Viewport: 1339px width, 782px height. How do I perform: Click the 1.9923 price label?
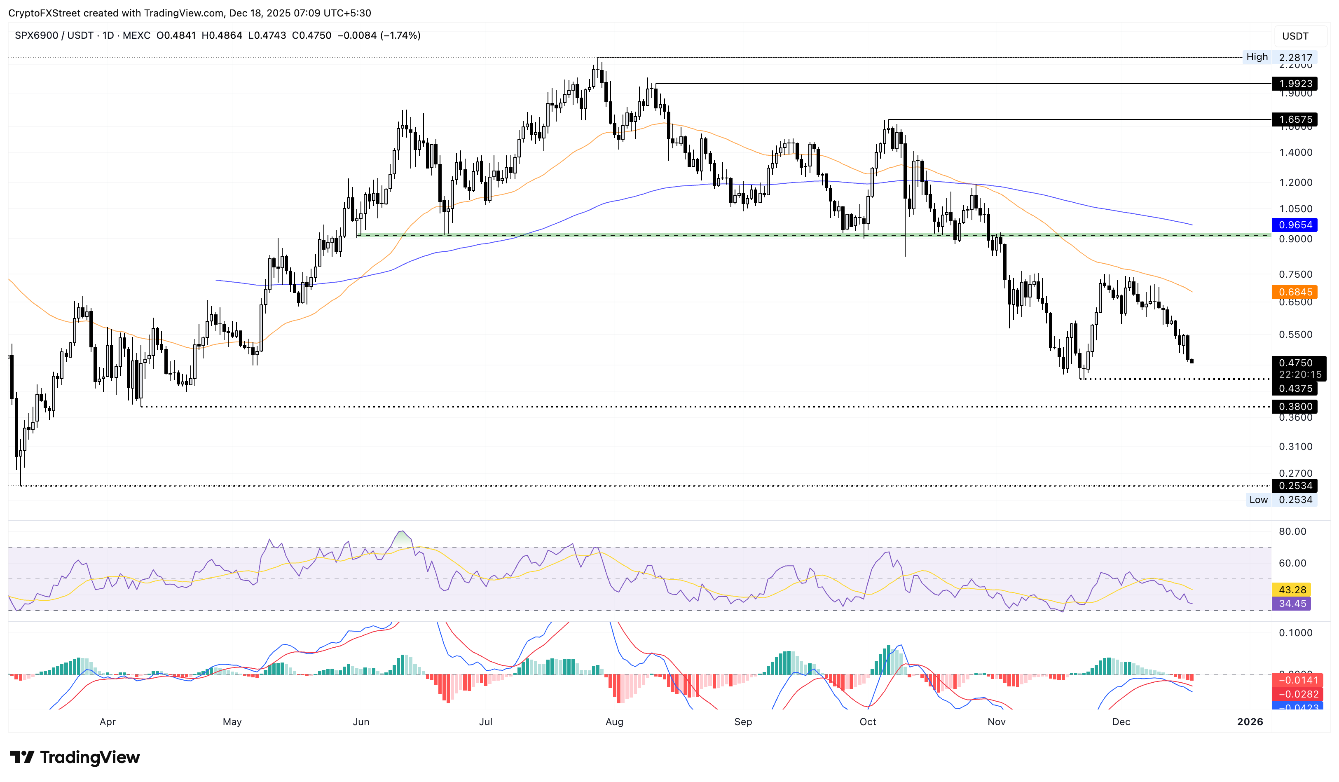[x=1295, y=83]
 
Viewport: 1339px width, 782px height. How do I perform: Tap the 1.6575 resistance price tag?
[x=1295, y=119]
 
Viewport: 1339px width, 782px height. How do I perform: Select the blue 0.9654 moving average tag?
[x=1295, y=225]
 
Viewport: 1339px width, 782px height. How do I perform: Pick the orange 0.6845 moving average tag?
[x=1295, y=292]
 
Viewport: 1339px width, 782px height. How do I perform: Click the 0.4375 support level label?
[x=1295, y=389]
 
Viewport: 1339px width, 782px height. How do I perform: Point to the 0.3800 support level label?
[x=1295, y=406]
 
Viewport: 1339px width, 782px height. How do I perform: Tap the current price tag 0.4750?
[x=1295, y=363]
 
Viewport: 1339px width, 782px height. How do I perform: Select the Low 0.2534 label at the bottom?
[x=1280, y=499]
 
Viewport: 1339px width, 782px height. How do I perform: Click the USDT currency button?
[x=1295, y=36]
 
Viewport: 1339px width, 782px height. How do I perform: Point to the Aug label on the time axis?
[x=614, y=721]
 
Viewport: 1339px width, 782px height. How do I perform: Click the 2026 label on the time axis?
[x=1250, y=721]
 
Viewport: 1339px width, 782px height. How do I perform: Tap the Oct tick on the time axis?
[x=868, y=721]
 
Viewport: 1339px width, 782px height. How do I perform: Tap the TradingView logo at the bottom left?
[x=75, y=757]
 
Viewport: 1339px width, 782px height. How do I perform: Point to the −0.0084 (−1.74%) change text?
[x=379, y=35]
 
